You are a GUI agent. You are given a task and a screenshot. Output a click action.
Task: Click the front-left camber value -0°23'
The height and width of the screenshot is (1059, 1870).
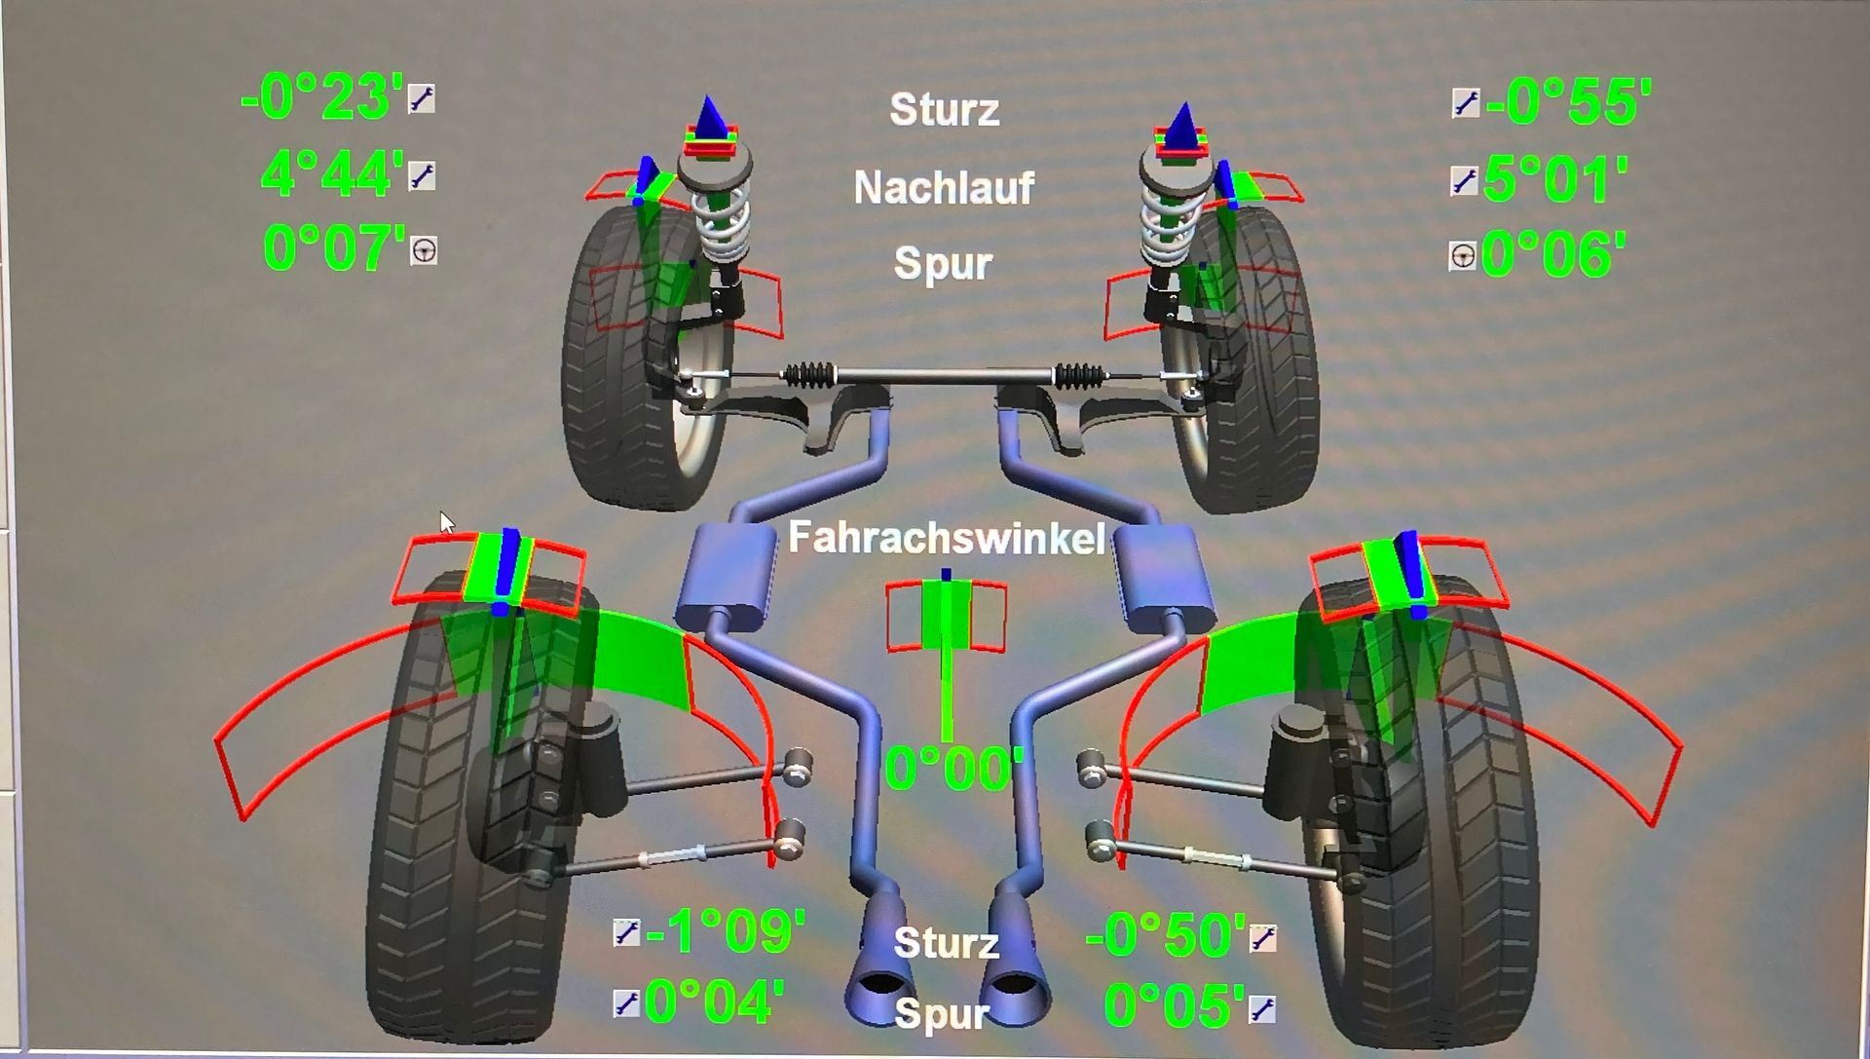point(322,99)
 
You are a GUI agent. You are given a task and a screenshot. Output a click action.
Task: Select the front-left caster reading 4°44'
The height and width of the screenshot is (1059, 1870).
point(332,175)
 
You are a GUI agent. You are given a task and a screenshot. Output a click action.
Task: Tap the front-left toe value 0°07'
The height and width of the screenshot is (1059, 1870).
point(334,248)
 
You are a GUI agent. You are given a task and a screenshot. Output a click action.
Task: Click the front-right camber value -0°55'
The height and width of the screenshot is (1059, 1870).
point(1569,102)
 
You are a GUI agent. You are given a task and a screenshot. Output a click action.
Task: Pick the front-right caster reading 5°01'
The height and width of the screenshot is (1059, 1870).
point(1555,180)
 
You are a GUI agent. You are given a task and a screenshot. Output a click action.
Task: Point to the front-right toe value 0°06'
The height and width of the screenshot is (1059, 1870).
point(1553,255)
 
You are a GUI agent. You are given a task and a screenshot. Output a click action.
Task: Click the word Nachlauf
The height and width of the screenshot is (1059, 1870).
point(944,188)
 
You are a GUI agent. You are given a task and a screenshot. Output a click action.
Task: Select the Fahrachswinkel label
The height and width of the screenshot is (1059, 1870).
point(946,538)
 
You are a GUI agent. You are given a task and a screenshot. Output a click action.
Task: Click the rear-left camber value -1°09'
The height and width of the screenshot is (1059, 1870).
point(726,932)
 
